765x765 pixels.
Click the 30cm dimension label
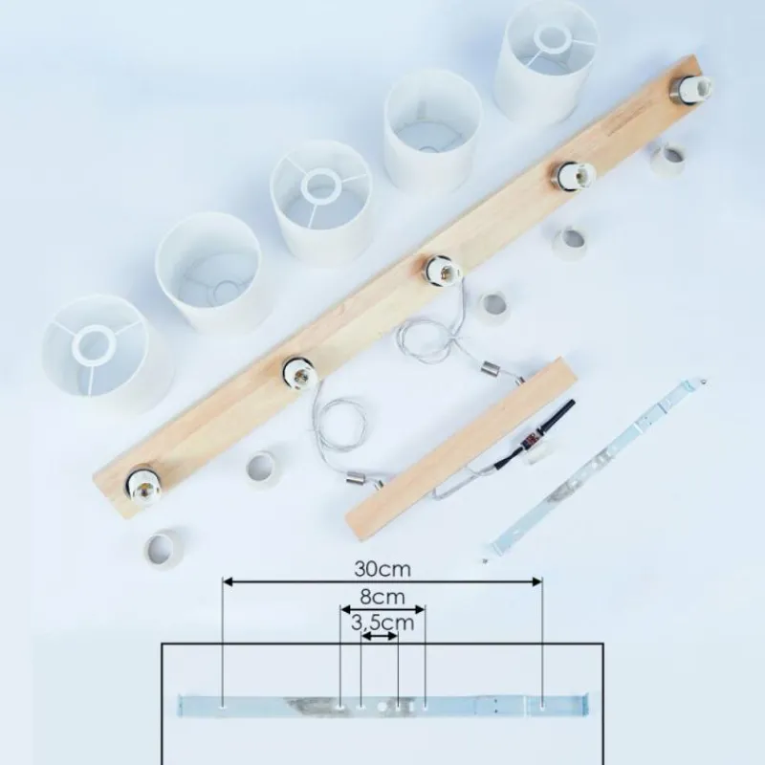pyautogui.click(x=382, y=569)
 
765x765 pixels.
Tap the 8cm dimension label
pyautogui.click(x=382, y=597)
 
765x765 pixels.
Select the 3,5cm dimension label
pyautogui.click(x=382, y=623)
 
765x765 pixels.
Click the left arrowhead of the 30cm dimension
pyautogui.click(x=228, y=581)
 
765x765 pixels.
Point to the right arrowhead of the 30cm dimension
pyautogui.click(x=537, y=581)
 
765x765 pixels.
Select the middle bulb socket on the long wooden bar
pyautogui.click(x=442, y=272)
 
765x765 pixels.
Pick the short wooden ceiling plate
pyautogui.click(x=462, y=449)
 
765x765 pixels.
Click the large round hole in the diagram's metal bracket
pyautogui.click(x=382, y=706)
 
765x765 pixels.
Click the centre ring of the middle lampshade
pyautogui.click(x=320, y=185)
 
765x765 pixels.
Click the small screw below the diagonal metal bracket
pyautogui.click(x=484, y=561)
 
